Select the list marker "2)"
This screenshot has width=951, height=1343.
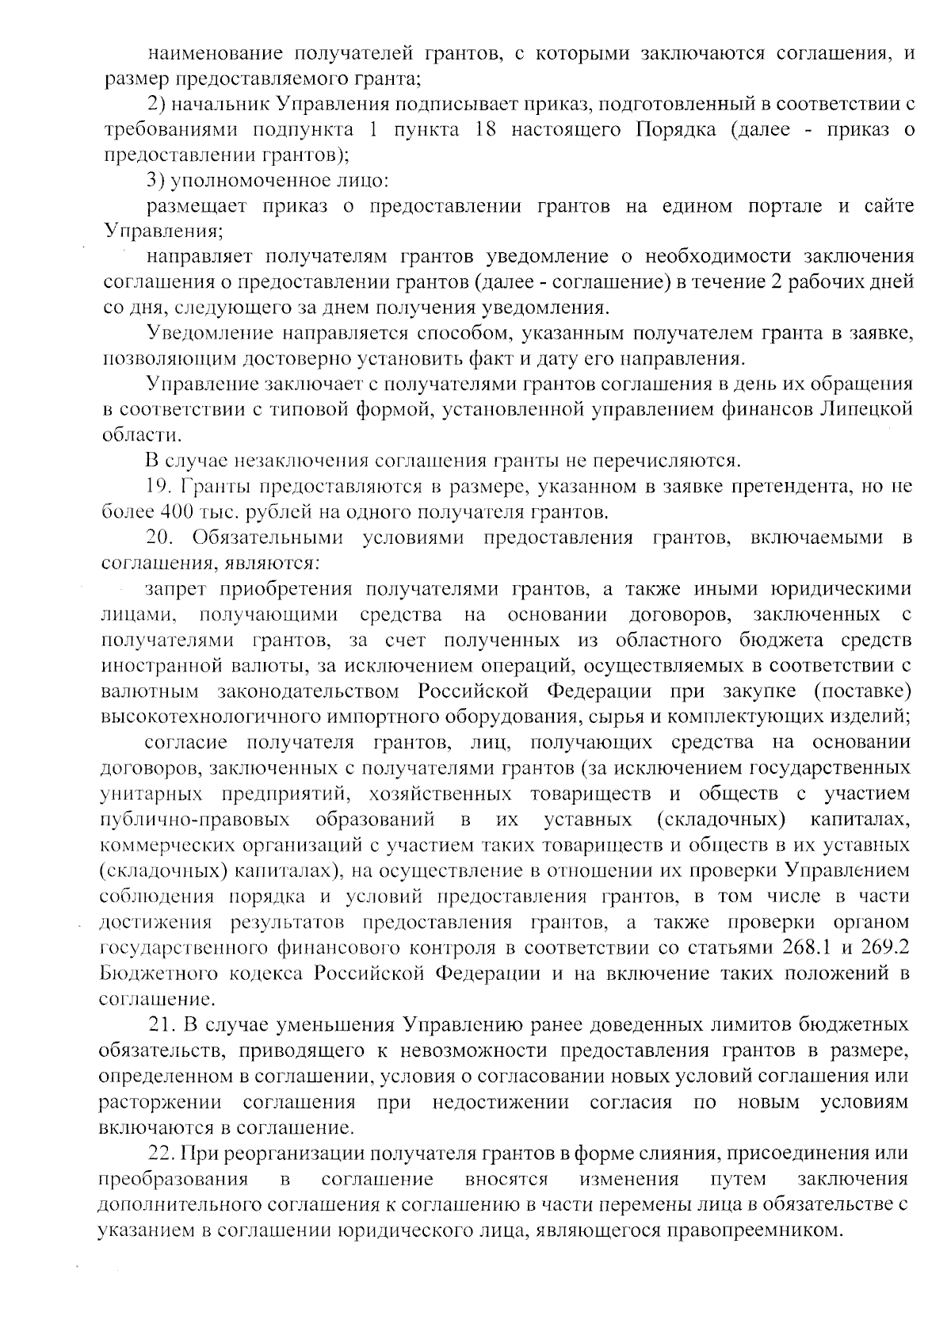coord(157,105)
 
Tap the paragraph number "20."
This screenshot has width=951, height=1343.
coord(159,538)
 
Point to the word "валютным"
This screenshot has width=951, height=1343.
coord(140,691)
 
